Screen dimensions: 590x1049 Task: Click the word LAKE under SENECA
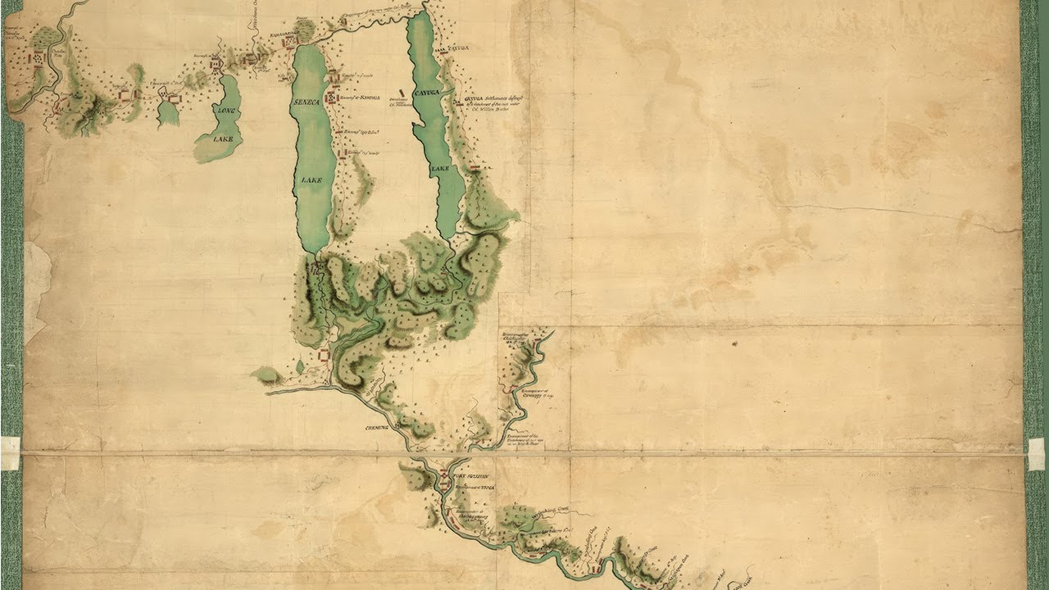coord(311,179)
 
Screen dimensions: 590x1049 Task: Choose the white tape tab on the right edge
coord(1037,453)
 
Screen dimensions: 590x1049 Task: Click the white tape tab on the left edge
coord(10,452)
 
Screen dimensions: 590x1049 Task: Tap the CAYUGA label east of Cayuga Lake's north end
coord(459,49)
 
